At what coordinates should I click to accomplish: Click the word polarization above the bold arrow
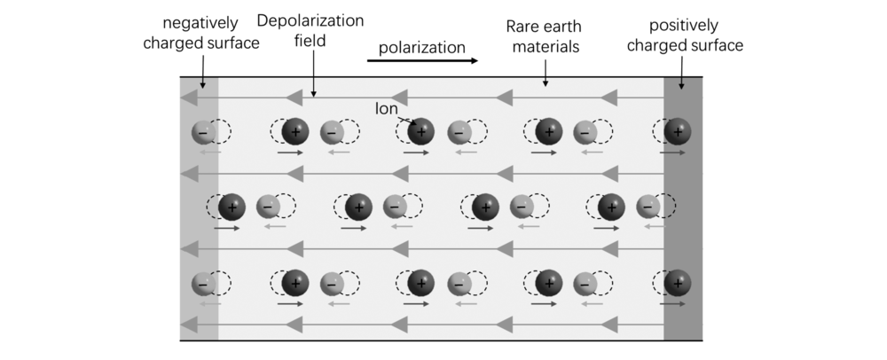(421, 48)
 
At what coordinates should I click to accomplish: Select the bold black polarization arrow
(422, 60)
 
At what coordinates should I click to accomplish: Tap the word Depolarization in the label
(310, 21)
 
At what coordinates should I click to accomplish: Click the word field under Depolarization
(310, 41)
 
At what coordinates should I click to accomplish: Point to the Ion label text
(387, 109)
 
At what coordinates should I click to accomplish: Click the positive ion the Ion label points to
(420, 132)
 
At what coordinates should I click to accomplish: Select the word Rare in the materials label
(522, 27)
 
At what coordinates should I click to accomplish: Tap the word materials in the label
(546, 46)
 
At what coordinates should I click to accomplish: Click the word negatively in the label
(200, 24)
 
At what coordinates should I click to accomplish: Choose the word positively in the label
(683, 26)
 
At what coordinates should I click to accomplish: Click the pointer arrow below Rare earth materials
(546, 73)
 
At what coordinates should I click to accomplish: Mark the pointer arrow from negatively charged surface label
(202, 71)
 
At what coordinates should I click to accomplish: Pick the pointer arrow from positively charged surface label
(681, 73)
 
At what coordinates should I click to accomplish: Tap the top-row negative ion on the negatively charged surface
(204, 133)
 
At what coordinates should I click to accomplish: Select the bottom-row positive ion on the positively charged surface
(677, 283)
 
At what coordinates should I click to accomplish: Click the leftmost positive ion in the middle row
(232, 207)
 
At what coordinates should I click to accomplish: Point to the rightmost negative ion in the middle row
(648, 207)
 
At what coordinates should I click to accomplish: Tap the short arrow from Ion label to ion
(407, 119)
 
